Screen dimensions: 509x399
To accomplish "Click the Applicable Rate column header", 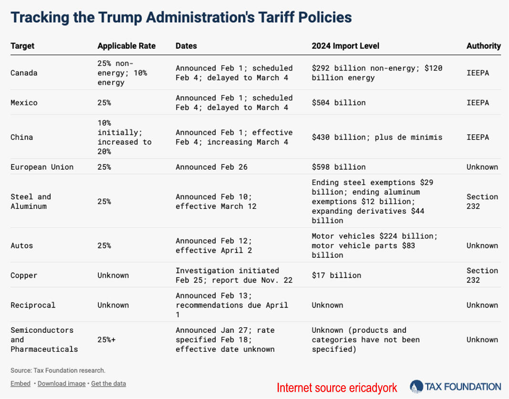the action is [x=126, y=46].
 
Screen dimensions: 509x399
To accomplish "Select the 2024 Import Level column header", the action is [x=345, y=46].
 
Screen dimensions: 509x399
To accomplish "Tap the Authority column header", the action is [x=484, y=46].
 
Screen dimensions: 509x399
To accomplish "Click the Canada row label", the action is [x=24, y=72].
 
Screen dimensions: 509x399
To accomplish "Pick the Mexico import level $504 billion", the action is [x=339, y=102].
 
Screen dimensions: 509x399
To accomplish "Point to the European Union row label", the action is [x=42, y=167].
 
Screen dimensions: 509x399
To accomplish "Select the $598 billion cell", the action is [x=339, y=167].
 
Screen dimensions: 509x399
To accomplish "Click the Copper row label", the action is [x=24, y=276].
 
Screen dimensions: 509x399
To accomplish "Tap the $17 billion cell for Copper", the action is [x=336, y=275].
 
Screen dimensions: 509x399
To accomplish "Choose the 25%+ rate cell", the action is [x=106, y=339].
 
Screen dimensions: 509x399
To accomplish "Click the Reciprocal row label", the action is [x=33, y=305].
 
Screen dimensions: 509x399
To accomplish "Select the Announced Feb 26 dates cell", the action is [x=211, y=167].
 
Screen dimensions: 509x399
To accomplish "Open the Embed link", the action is [x=21, y=383].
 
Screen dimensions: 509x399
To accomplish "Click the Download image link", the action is [x=62, y=383].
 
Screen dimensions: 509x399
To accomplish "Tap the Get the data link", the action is [x=108, y=383].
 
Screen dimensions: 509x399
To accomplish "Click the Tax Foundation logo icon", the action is [x=416, y=386].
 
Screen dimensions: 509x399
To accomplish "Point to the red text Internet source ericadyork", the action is [x=337, y=388].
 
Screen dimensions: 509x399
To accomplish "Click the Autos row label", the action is [x=21, y=246].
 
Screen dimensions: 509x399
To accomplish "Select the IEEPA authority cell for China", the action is [x=478, y=137].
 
